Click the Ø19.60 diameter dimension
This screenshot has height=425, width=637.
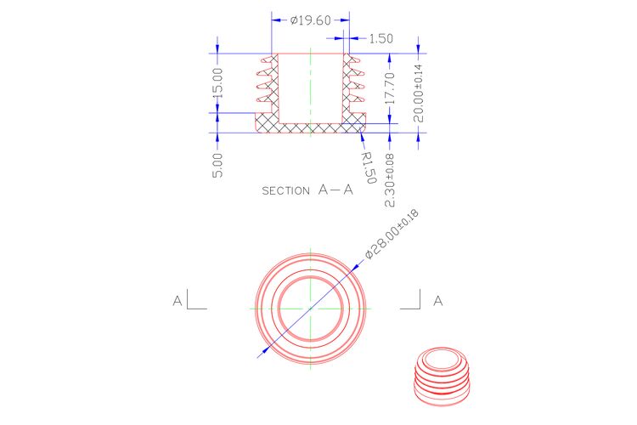click(311, 20)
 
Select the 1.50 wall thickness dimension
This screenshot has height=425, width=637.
click(381, 38)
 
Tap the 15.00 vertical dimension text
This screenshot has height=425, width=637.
click(218, 82)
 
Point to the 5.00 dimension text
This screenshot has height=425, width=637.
click(218, 165)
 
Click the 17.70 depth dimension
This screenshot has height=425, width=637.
click(389, 88)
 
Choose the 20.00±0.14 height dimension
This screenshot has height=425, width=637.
click(418, 93)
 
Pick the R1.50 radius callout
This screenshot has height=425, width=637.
click(369, 167)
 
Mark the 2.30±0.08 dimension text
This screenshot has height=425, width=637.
click(389, 180)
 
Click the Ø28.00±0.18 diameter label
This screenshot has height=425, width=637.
click(392, 235)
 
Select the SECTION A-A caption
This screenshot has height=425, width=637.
click(307, 190)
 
